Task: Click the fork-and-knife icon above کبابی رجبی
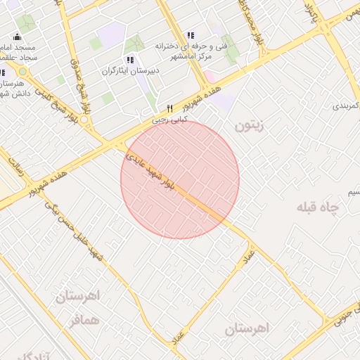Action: [x=169, y=108]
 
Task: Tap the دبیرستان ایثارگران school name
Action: [x=131, y=71]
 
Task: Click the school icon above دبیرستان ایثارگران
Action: [x=129, y=60]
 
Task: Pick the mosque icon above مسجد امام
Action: [x=17, y=37]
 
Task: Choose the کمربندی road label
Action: [x=345, y=105]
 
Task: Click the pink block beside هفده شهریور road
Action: [x=224, y=101]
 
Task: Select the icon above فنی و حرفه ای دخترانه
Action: [x=191, y=35]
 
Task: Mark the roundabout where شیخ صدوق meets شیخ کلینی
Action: [x=84, y=120]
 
